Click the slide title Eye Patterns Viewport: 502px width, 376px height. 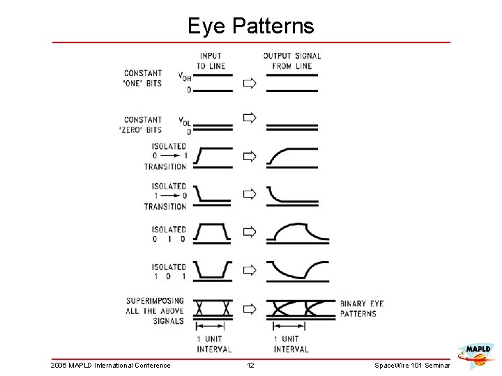click(x=251, y=26)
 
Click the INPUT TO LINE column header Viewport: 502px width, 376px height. click(x=210, y=61)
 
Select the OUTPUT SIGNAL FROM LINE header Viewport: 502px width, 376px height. click(x=291, y=61)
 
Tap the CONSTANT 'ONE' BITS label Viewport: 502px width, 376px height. click(x=143, y=78)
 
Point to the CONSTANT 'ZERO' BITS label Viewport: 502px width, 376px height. click(x=143, y=125)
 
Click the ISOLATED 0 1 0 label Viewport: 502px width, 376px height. click(x=168, y=233)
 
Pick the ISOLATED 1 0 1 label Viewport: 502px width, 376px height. click(x=168, y=271)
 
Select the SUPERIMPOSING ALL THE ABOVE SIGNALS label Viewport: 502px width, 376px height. click(x=155, y=311)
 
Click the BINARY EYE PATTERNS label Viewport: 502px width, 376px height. click(x=361, y=308)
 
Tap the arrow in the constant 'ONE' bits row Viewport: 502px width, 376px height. click(x=249, y=83)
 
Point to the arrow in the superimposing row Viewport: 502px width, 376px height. click(x=249, y=308)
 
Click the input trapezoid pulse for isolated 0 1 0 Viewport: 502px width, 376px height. click(x=212, y=233)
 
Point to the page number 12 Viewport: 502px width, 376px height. click(x=251, y=366)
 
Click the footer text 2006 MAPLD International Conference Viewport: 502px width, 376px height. click(x=111, y=366)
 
